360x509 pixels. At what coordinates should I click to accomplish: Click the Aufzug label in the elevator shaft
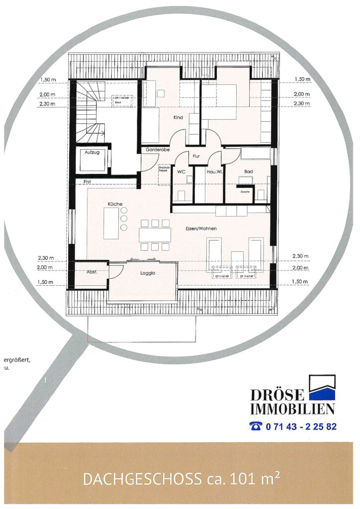point(92,153)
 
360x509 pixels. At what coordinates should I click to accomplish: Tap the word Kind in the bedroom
point(179,118)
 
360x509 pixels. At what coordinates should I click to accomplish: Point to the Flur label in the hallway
point(196,156)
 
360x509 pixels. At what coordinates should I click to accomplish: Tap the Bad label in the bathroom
point(248,171)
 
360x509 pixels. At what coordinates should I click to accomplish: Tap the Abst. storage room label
point(91,272)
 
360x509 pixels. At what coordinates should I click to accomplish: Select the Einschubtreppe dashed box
point(164,174)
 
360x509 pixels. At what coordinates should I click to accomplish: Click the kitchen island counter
point(110,223)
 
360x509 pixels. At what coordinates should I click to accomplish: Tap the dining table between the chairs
point(154,234)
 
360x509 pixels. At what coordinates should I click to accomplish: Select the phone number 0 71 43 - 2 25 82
point(301,426)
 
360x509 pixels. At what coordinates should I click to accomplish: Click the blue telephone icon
point(256,426)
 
